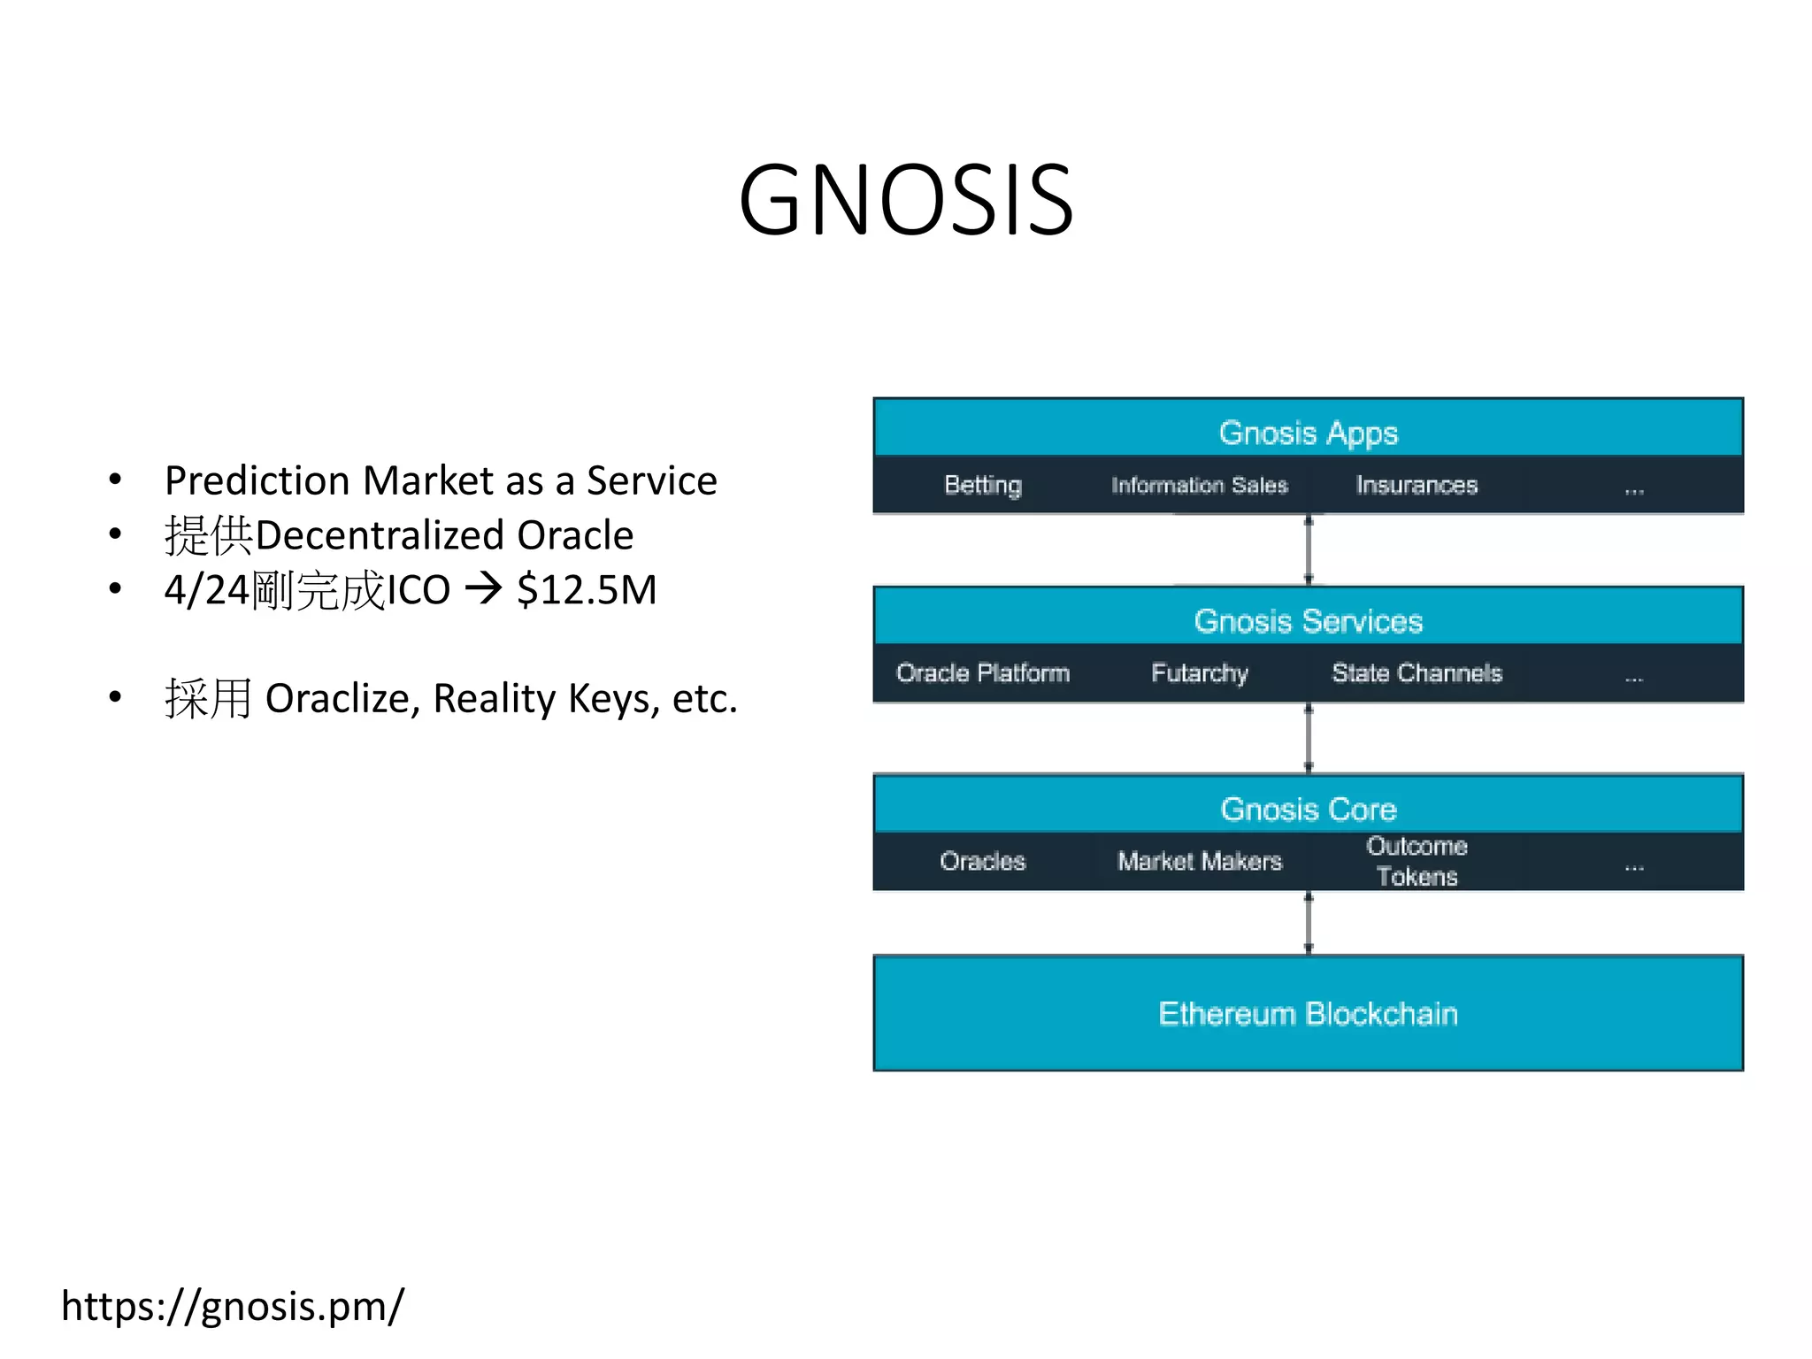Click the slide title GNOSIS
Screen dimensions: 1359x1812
pos(906,201)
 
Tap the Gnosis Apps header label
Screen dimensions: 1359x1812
pos(1308,433)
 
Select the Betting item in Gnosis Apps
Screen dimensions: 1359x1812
pos(982,485)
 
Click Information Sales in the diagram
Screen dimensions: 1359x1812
pos(1199,485)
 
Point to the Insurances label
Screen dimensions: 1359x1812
pos(1417,485)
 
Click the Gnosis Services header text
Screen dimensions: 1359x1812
pos(1308,621)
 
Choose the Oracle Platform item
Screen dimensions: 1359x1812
pos(982,673)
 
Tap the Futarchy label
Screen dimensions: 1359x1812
pos(1199,673)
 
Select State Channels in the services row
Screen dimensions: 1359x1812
pos(1417,673)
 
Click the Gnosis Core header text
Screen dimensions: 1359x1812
pos(1308,810)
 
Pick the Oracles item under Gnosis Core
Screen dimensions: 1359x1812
pos(982,861)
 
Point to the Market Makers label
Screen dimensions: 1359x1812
pos(1199,861)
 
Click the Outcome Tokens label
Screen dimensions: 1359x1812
pos(1417,861)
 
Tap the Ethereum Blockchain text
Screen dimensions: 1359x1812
pos(1308,1013)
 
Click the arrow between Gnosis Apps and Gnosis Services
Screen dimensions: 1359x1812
pos(1309,549)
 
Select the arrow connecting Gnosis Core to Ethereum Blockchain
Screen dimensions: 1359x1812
pos(1309,923)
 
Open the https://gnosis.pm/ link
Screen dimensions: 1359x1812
pos(233,1306)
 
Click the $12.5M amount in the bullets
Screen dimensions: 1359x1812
pos(587,590)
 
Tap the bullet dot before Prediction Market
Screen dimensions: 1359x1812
pos(115,480)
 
